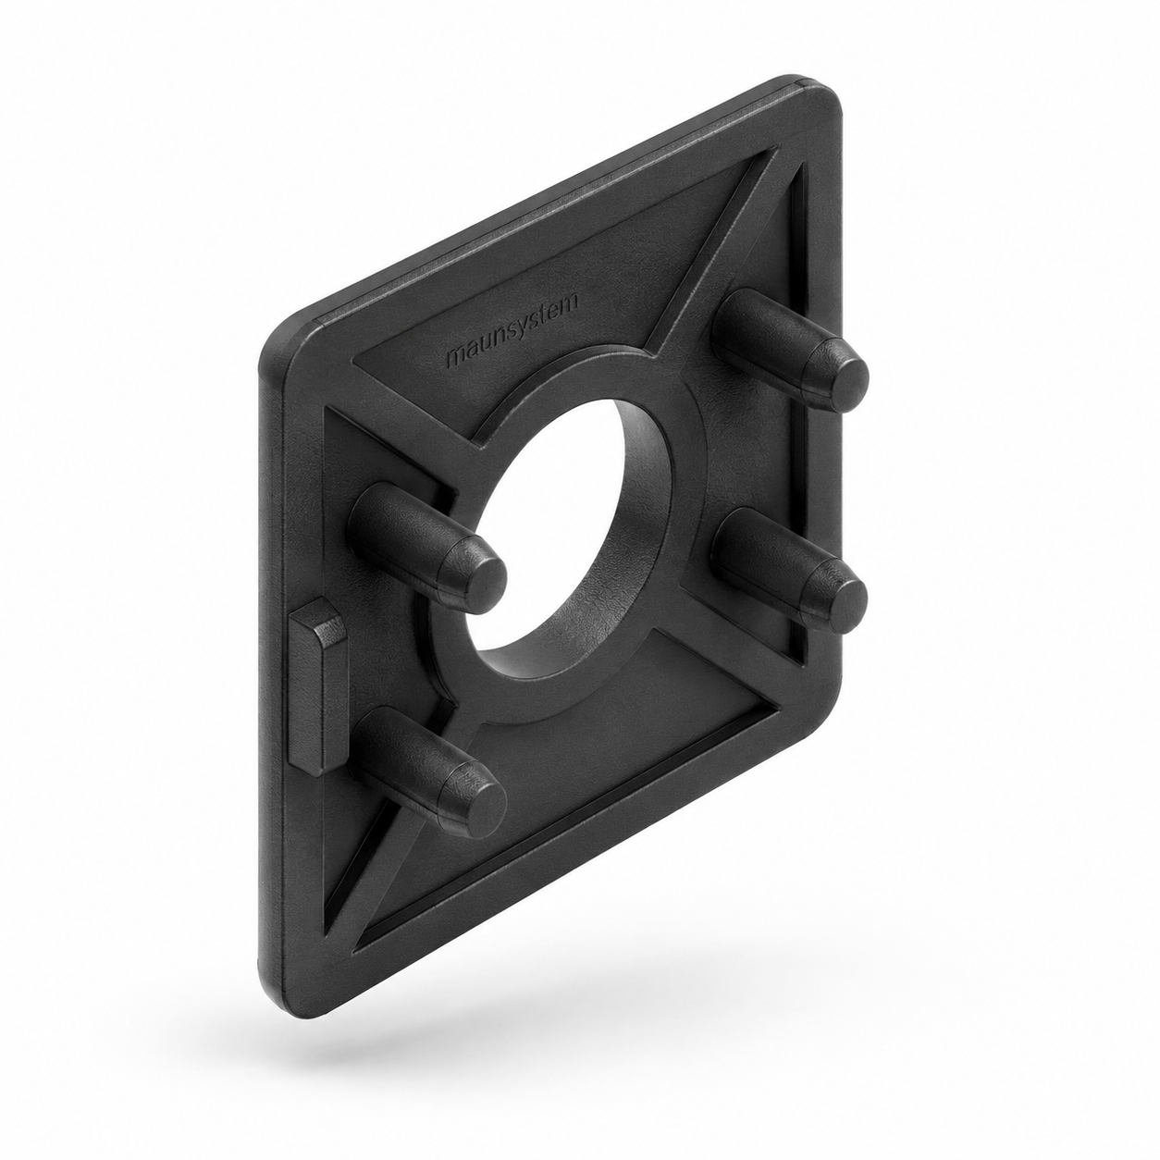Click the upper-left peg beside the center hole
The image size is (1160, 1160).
tap(426, 547)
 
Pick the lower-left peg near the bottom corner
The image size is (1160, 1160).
tap(426, 771)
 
